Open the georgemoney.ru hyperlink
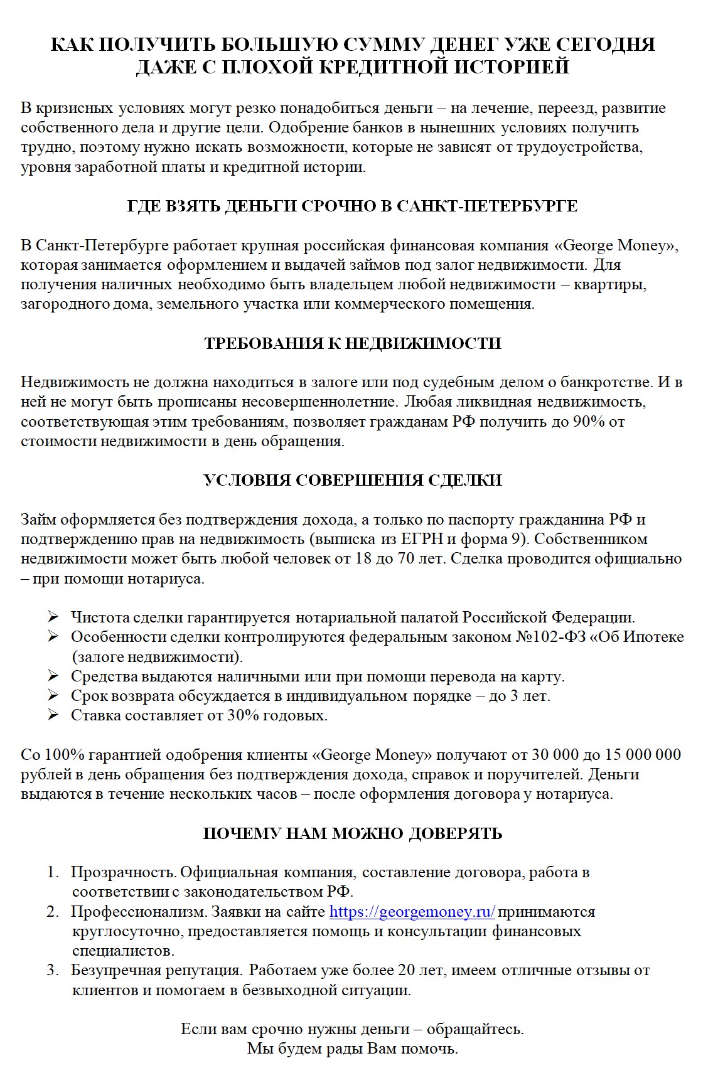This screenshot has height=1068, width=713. (412, 912)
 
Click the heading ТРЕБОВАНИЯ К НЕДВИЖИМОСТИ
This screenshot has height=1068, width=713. (353, 343)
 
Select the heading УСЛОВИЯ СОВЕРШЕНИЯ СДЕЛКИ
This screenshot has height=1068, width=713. (353, 480)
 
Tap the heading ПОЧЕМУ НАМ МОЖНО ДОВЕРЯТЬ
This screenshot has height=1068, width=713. (353, 833)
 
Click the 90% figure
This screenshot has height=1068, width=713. (589, 422)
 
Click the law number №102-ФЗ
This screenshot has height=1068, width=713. (550, 637)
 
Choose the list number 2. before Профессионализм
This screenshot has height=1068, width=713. (52, 912)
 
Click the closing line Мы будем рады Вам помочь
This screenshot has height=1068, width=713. (353, 1049)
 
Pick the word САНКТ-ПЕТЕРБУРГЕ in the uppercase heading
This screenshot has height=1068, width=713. (487, 206)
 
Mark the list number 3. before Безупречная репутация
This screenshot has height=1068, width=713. (52, 971)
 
